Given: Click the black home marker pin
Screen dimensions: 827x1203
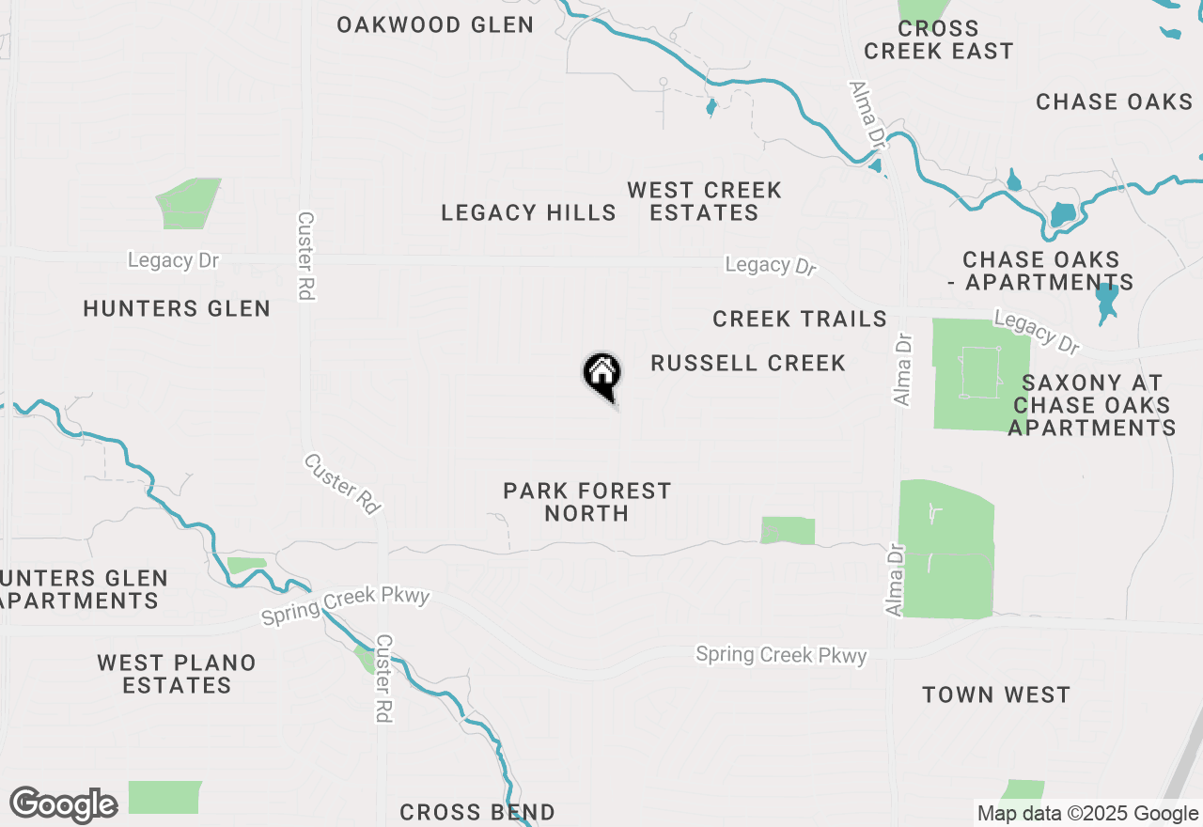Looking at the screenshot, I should click(x=601, y=375).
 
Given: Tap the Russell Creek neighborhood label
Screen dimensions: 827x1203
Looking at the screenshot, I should click(x=748, y=363).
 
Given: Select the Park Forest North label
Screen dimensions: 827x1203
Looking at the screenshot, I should click(x=587, y=502).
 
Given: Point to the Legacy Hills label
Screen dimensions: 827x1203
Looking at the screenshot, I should click(x=529, y=213).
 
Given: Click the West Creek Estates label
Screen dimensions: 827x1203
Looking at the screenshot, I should click(x=704, y=202).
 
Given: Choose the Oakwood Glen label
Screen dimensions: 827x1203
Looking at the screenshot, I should click(x=435, y=25).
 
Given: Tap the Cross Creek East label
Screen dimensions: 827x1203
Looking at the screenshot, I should click(x=938, y=40).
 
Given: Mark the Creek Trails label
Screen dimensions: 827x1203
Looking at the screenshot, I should click(x=800, y=320).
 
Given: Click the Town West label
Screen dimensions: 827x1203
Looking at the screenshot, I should click(x=996, y=695).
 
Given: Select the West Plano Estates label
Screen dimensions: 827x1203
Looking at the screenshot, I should click(x=177, y=674).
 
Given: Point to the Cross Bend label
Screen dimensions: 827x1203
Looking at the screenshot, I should click(x=477, y=812).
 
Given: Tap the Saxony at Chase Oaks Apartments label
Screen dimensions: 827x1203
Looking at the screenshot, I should click(x=1092, y=405).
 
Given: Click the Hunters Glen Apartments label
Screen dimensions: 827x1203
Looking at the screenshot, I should click(x=83, y=589).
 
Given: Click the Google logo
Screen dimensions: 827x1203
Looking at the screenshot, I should click(x=63, y=804).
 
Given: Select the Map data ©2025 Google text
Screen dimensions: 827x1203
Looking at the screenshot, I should click(x=1087, y=814).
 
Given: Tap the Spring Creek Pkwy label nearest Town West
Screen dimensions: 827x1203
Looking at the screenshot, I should click(x=781, y=654).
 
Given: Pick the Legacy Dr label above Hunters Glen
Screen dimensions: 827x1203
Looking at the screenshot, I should click(x=173, y=260).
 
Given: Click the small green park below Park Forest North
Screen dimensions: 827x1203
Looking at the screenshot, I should click(x=788, y=530).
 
